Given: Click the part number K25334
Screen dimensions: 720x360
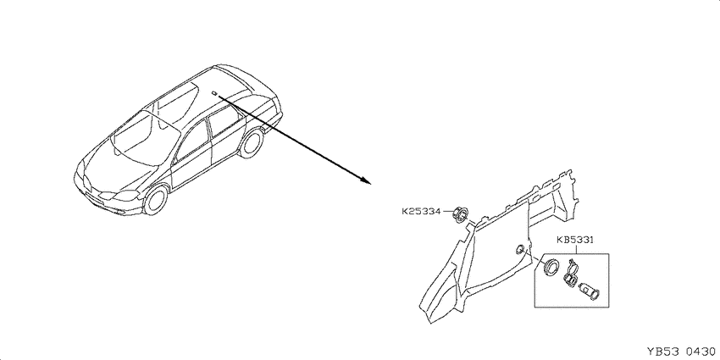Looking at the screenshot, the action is pyautogui.click(x=421, y=212).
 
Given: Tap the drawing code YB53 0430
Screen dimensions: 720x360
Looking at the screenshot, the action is pyautogui.click(x=680, y=352).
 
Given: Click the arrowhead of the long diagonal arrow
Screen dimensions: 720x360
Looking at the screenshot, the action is pyautogui.click(x=366, y=180).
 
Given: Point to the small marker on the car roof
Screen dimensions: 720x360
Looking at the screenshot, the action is pyautogui.click(x=214, y=94).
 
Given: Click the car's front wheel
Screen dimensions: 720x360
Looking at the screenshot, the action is pyautogui.click(x=155, y=200).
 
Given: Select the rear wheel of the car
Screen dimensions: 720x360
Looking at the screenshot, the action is pyautogui.click(x=252, y=144).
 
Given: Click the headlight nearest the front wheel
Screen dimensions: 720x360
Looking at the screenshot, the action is pyautogui.click(x=126, y=195).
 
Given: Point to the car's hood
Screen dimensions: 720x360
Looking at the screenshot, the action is pyautogui.click(x=119, y=170).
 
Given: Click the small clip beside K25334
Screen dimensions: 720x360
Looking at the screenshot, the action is pyautogui.click(x=460, y=214).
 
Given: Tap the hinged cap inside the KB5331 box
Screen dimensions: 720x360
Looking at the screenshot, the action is pyautogui.click(x=570, y=274).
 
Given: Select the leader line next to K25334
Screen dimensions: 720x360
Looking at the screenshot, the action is pyautogui.click(x=446, y=212).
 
